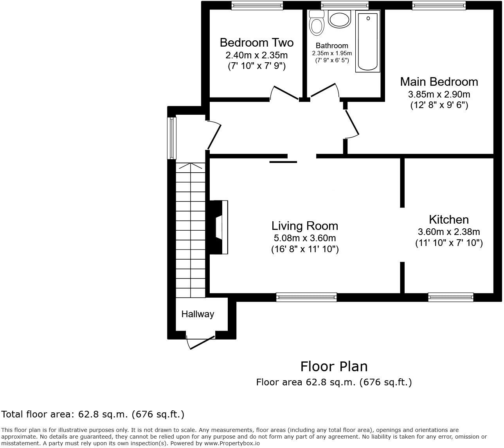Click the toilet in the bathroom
point(316,23)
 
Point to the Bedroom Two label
point(256,42)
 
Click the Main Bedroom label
point(439,81)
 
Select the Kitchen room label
point(448,219)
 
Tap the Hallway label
point(198,314)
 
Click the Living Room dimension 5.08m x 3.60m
point(304,238)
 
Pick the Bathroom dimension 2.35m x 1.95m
point(331,53)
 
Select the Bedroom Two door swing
point(284,93)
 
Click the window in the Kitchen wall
point(451,297)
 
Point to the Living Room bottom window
point(306,297)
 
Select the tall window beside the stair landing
point(172,138)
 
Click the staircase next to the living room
point(191,231)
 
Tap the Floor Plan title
point(334,366)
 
